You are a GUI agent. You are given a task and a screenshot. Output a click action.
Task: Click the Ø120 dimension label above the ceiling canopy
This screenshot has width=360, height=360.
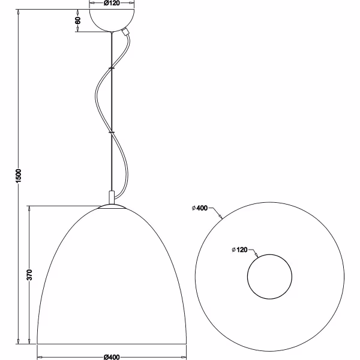click(110, 4)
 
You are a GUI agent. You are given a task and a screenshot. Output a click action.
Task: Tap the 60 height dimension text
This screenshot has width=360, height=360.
click(77, 20)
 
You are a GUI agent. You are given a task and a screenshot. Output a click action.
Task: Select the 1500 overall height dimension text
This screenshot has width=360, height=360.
click(19, 175)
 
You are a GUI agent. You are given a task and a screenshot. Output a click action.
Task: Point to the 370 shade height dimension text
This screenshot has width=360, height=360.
click(29, 275)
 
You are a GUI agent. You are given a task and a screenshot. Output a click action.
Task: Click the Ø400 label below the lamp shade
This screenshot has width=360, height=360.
click(110, 356)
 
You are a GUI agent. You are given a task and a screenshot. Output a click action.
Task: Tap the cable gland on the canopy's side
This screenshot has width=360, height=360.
click(125, 34)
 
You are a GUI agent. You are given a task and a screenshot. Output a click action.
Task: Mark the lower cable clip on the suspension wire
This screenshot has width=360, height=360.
click(111, 130)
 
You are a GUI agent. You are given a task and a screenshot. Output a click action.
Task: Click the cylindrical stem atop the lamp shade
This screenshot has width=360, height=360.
click(111, 197)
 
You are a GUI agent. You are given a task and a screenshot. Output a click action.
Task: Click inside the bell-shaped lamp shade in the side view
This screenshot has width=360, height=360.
click(111, 282)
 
